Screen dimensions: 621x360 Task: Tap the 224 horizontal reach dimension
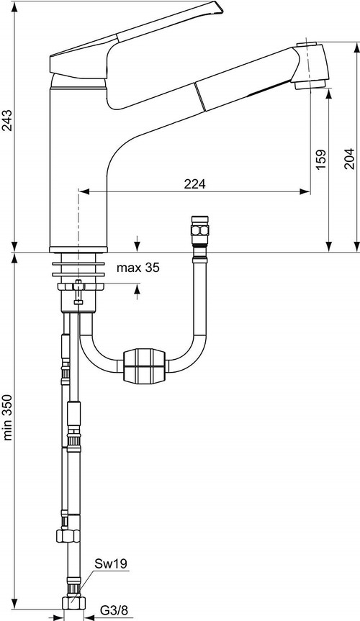[x=194, y=184]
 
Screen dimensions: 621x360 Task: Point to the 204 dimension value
[x=349, y=158]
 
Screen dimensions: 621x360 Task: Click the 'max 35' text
[x=138, y=268]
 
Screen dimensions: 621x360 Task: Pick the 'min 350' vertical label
[x=8, y=416]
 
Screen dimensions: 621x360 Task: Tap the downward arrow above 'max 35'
[x=138, y=247]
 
